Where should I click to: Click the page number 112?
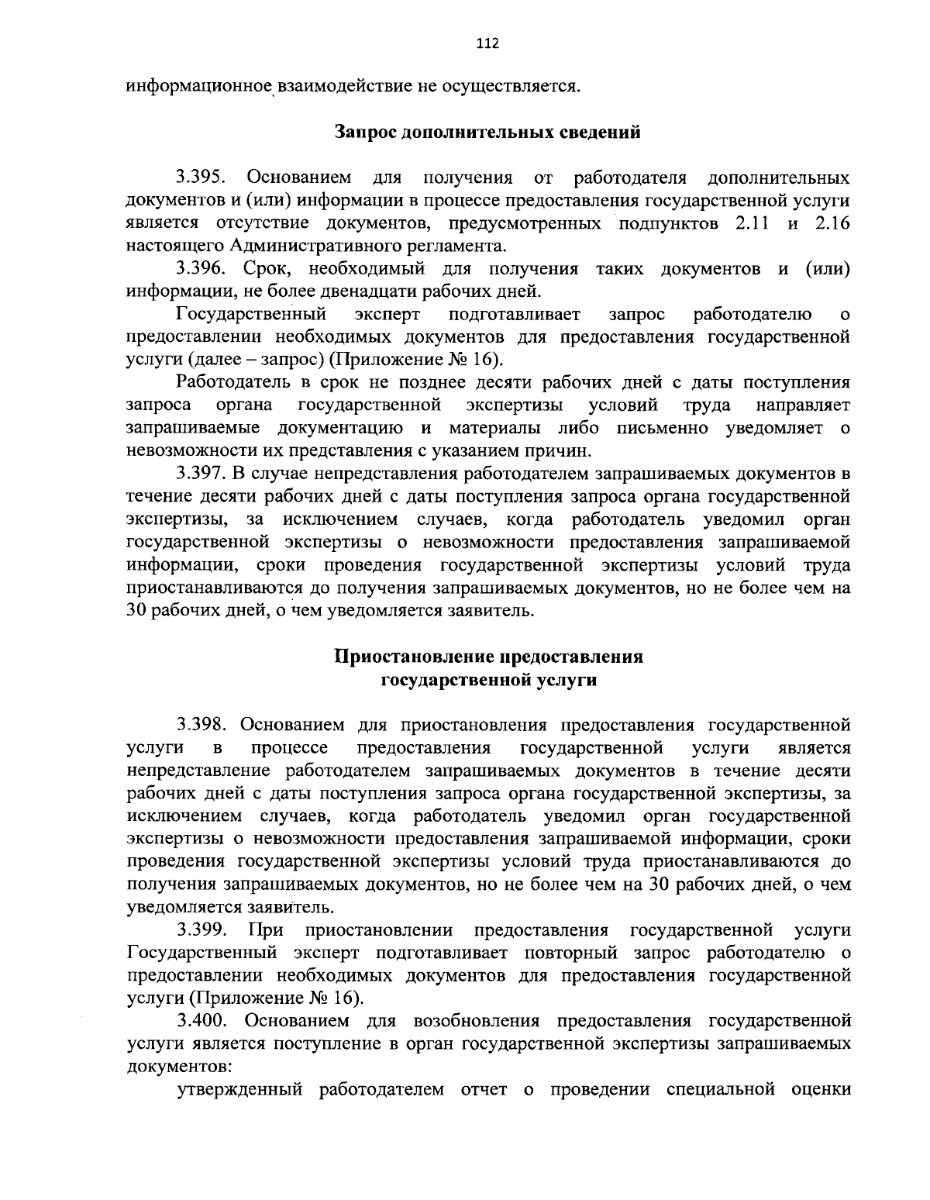pyautogui.click(x=487, y=43)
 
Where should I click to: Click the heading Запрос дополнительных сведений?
pyautogui.click(x=487, y=132)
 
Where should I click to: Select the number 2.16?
pyautogui.click(x=832, y=223)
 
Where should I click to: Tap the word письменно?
pyautogui.click(x=663, y=428)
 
